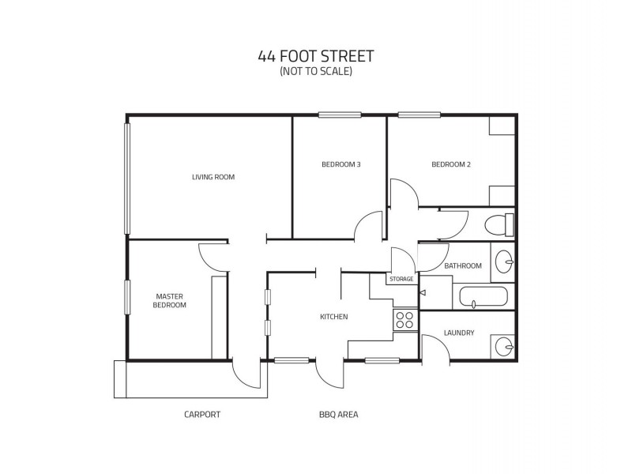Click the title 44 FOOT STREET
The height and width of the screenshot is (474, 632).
[x=315, y=56]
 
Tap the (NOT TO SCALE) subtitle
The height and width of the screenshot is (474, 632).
[x=315, y=71]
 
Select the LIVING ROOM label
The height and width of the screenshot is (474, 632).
[x=213, y=177]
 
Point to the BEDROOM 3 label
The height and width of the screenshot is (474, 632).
[x=340, y=165]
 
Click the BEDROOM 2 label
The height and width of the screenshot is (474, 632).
[x=450, y=165]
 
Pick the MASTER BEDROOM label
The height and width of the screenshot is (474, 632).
[x=169, y=301]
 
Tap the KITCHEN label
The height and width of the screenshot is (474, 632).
[x=333, y=317]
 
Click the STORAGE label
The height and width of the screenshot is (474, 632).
[x=401, y=279]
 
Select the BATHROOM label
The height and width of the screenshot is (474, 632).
[x=462, y=266]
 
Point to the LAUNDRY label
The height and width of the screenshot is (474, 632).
[x=459, y=333]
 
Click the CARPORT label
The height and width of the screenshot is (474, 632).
[x=202, y=414]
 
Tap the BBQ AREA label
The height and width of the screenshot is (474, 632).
[x=338, y=414]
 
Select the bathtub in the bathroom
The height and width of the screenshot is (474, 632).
[x=483, y=298]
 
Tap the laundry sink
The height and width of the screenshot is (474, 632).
[x=503, y=345]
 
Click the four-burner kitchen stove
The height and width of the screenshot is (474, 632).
[x=404, y=320]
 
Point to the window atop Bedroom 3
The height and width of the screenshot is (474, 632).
[x=340, y=115]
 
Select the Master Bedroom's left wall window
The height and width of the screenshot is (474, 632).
[x=126, y=298]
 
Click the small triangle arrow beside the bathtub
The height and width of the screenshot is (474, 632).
[x=423, y=292]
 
